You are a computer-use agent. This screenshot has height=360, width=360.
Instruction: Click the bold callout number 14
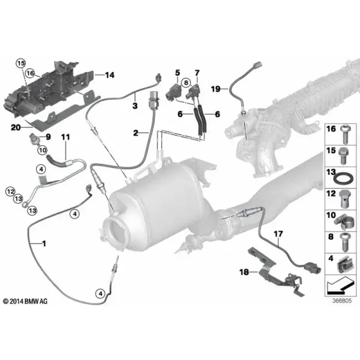(110, 75)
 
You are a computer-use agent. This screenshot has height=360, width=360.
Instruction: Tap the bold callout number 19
(215, 89)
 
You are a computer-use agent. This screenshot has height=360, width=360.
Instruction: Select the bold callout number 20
(16, 127)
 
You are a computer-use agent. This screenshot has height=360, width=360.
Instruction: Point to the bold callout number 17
(278, 234)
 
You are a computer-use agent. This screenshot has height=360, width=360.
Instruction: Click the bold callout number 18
(244, 272)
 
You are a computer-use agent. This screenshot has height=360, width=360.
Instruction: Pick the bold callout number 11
(65, 137)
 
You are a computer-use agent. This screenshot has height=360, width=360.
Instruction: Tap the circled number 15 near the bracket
(20, 63)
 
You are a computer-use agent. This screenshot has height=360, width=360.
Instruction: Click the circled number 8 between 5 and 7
(186, 83)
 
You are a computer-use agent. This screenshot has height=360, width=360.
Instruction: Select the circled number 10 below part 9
(42, 151)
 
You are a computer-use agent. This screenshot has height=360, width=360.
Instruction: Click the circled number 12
(10, 191)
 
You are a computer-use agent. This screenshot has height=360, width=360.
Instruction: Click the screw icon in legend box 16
(345, 134)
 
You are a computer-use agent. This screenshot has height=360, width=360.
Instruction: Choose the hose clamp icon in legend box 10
(343, 221)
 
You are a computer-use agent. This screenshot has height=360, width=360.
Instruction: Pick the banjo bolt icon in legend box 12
(343, 199)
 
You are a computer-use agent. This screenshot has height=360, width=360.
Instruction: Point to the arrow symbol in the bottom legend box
(340, 285)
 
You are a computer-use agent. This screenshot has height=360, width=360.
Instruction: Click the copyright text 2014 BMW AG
(25, 301)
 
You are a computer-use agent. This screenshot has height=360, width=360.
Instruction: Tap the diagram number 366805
(342, 301)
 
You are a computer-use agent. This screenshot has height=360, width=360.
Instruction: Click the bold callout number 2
(136, 133)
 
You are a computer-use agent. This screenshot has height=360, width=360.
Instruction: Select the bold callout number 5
(178, 73)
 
